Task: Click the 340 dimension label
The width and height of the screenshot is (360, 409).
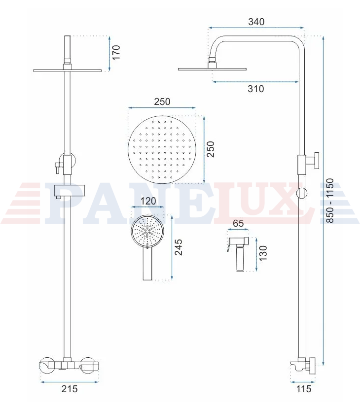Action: point(256,22)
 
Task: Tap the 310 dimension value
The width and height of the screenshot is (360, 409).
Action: point(256,89)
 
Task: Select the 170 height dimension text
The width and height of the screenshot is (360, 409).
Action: point(116,52)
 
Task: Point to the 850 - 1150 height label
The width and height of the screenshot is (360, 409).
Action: point(330,201)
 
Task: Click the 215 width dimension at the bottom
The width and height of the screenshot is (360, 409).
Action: point(70,389)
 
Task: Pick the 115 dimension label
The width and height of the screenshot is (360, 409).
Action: point(304,389)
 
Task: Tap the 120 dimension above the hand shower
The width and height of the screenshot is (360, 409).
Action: point(148,201)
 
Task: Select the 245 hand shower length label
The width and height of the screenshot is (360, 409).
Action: point(179,247)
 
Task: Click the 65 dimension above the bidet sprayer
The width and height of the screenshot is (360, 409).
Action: point(238,223)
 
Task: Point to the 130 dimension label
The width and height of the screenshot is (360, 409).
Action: point(263,253)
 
